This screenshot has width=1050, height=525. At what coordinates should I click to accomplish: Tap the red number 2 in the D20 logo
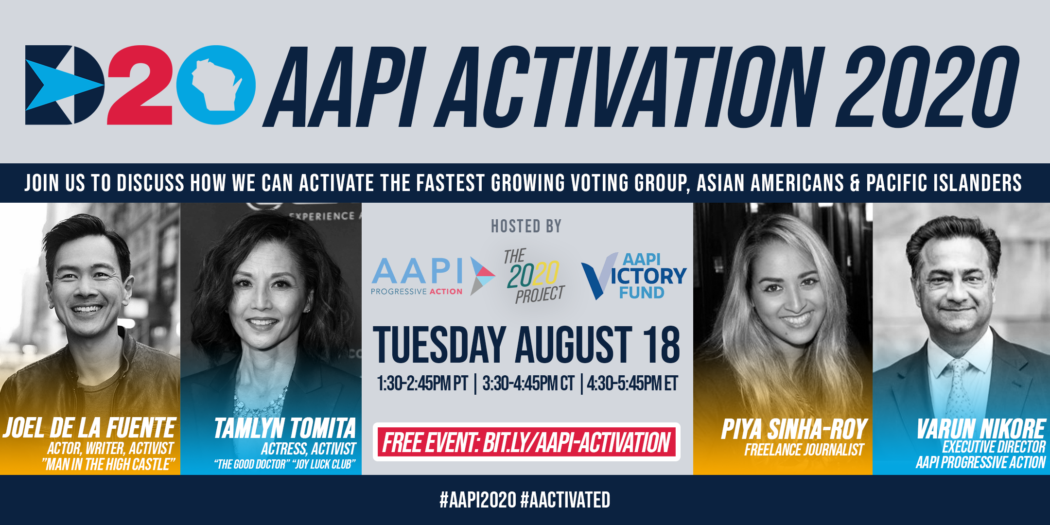140,85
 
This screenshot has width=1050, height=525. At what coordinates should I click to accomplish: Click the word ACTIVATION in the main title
632,87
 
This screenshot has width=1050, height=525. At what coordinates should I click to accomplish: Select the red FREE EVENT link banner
526,442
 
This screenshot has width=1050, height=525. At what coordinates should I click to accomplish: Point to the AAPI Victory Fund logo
634,276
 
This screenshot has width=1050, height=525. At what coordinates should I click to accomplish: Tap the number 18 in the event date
661,345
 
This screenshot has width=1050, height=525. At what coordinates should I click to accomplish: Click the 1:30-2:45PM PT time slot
422,384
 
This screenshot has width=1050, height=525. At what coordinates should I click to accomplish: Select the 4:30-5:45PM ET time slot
632,384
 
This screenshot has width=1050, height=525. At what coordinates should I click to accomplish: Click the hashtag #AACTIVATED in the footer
565,500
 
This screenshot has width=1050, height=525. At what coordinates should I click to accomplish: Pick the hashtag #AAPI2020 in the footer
478,500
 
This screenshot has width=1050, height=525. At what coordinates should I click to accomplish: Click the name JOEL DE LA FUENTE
89,428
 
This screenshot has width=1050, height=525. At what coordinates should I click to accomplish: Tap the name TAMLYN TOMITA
285,428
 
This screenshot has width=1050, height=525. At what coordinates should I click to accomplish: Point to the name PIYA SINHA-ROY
794,429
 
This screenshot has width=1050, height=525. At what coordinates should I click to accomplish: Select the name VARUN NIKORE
981,428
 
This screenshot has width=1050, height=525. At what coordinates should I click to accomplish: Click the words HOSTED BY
526,227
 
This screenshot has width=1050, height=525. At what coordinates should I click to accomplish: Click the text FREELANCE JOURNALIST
804,450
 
